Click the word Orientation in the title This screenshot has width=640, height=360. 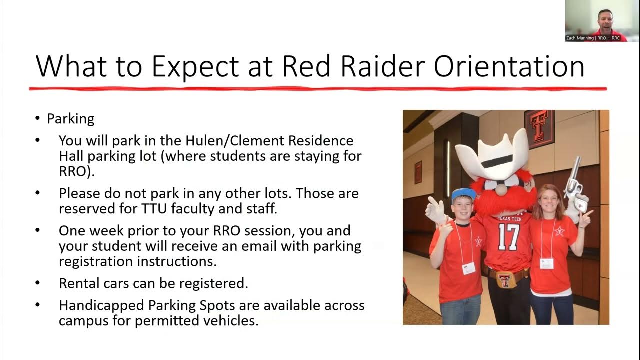[x=509, y=66]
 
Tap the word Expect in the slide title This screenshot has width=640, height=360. [x=195, y=67]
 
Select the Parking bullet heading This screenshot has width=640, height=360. [x=71, y=119]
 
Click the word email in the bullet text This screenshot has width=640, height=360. [x=259, y=246]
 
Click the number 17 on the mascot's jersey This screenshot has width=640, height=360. [x=509, y=237]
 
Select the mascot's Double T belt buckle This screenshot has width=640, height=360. [x=505, y=280]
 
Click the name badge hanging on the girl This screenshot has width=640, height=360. [x=546, y=263]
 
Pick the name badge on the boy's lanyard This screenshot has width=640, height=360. [x=469, y=268]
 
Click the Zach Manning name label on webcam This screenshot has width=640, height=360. [x=593, y=38]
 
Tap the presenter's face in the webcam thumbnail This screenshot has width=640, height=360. [x=605, y=21]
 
